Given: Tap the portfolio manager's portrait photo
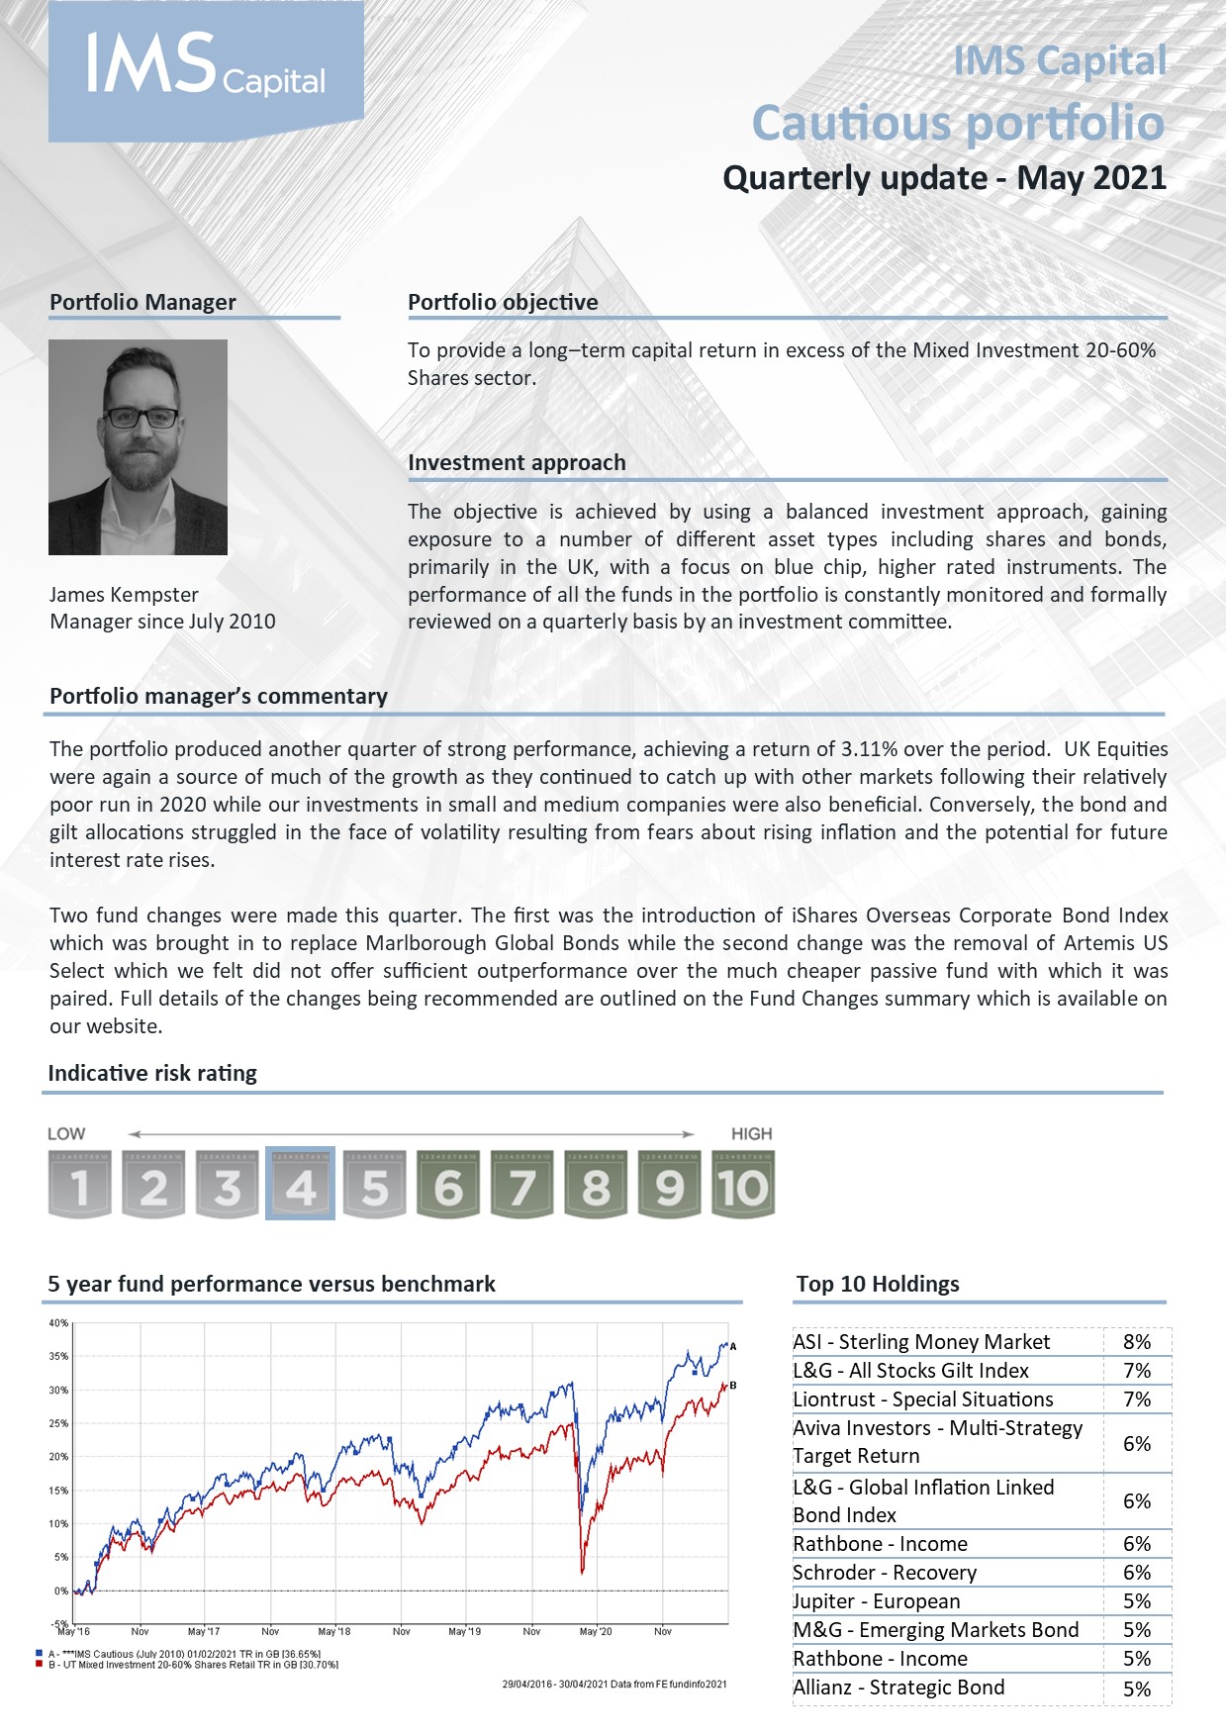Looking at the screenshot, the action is click(x=138, y=446).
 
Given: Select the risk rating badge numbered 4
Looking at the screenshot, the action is click(x=301, y=1184).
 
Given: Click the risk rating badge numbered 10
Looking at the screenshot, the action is click(x=743, y=1184).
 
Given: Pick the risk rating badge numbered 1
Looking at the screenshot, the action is click(x=79, y=1184).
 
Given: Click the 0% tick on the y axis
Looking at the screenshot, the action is click(x=60, y=1591).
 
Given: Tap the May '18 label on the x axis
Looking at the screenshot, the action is click(x=334, y=1631).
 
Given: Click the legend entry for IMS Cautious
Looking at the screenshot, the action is click(x=183, y=1654).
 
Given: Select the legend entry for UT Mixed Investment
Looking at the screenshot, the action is click(x=193, y=1665).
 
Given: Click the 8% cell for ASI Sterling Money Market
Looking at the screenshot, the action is click(x=1137, y=1342).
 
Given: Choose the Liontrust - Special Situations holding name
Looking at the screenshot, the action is click(x=922, y=1399).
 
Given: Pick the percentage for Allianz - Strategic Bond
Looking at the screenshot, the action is click(x=1137, y=1688).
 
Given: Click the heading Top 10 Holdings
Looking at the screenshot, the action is click(x=878, y=1284).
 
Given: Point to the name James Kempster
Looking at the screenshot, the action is click(x=124, y=595).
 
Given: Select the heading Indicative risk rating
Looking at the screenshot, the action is click(x=152, y=1073).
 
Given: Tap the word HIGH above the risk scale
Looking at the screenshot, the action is click(x=751, y=1134).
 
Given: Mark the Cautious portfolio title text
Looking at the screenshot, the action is click(x=958, y=123).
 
